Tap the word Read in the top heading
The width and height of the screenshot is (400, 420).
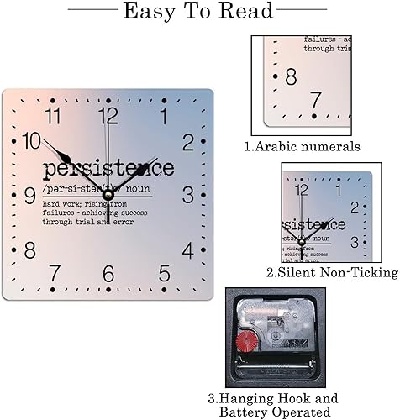[x=245, y=12]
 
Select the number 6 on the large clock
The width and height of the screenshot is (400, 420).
[x=108, y=274]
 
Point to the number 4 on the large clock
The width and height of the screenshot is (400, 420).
[x=187, y=249]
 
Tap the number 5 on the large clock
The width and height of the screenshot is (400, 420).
[x=164, y=274]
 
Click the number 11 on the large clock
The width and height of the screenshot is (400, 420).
[x=55, y=117]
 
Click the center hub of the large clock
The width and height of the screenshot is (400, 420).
[x=108, y=196]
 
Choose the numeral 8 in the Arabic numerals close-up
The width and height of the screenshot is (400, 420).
[x=290, y=77]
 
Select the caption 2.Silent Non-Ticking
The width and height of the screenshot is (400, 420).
[x=332, y=272]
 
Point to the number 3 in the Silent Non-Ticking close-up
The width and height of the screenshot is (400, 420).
[x=355, y=242]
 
